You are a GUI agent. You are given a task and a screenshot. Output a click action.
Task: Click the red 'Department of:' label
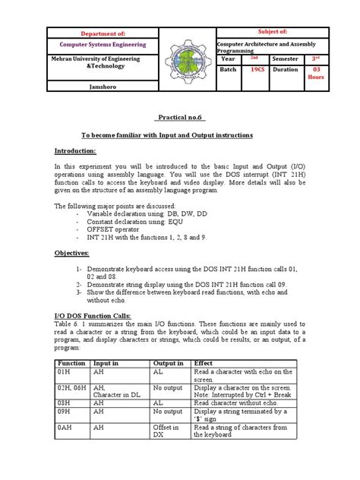tap(93, 34)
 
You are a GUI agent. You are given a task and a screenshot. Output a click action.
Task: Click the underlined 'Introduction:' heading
tap(77, 151)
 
